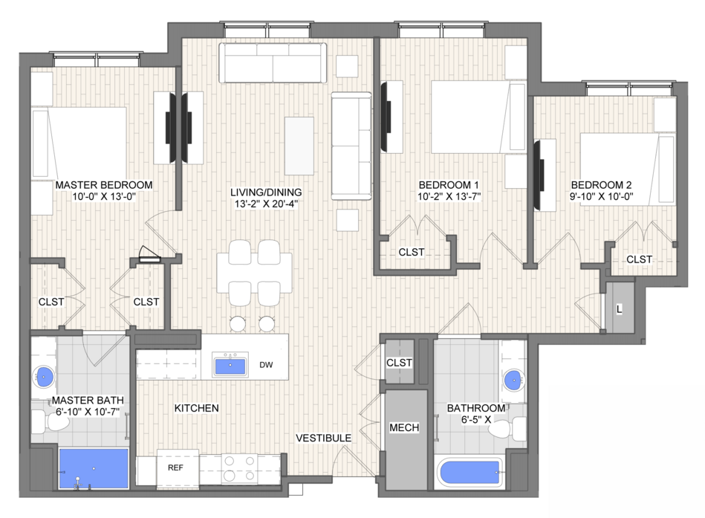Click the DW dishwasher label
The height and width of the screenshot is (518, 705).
[266, 365]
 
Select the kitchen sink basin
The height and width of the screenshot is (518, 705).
[230, 366]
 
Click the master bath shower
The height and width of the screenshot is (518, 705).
[94, 468]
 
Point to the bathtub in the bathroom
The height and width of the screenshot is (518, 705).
[470, 473]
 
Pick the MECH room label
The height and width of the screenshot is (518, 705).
[404, 427]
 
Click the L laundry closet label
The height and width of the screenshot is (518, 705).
[619, 309]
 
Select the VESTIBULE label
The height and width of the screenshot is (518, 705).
[323, 438]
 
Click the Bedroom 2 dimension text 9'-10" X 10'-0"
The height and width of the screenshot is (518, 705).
[601, 196]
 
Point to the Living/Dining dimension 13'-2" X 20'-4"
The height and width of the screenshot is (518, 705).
[266, 204]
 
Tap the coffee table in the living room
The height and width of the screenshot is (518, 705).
[299, 146]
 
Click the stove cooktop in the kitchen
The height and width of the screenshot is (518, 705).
[239, 467]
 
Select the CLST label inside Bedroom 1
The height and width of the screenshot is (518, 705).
[412, 252]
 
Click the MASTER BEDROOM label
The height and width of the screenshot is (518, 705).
[104, 185]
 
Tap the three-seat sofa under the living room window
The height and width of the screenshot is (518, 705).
[273, 63]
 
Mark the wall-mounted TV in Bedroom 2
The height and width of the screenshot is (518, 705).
[539, 175]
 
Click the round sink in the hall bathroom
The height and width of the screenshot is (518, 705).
[514, 381]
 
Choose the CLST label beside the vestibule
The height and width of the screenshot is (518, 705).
[399, 363]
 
